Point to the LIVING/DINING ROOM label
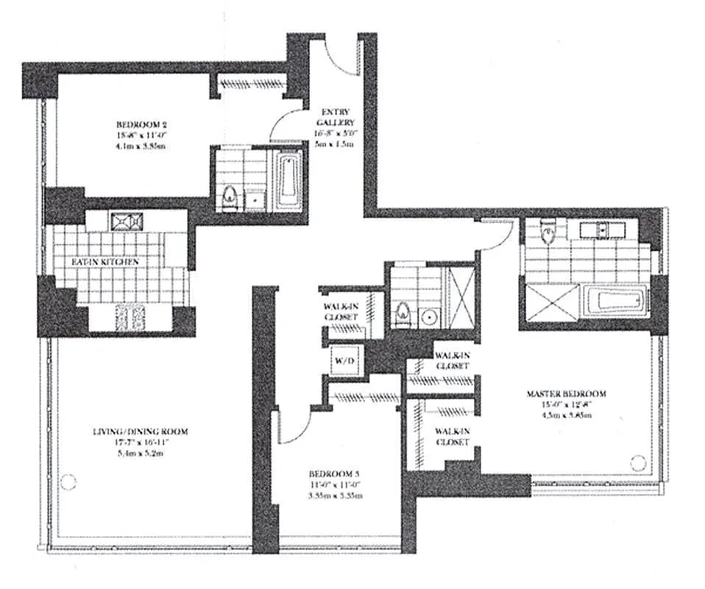point(130,430)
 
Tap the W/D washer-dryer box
point(344,361)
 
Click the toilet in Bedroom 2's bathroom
point(229,198)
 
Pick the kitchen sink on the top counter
point(120,220)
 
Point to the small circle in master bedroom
point(638,462)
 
